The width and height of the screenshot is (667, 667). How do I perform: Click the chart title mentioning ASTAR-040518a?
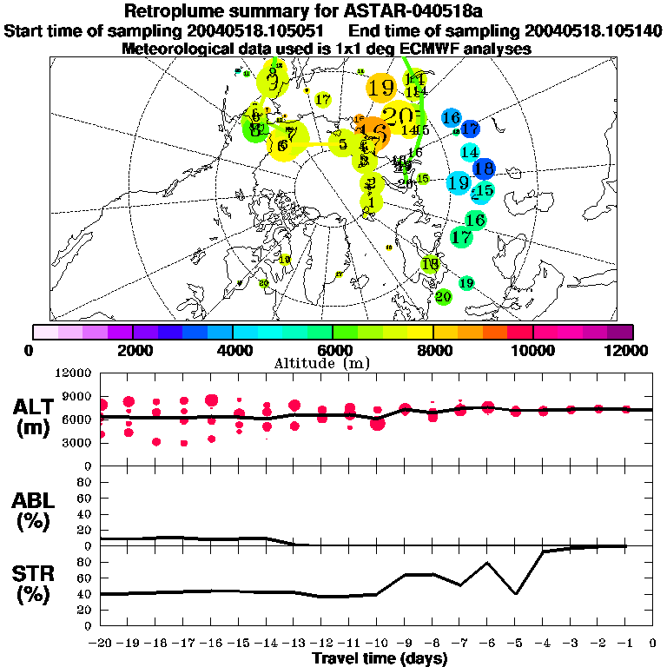click(x=333, y=11)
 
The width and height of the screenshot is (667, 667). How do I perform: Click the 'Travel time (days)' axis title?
click(x=380, y=659)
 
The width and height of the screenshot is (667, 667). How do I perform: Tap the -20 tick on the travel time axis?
click(x=102, y=644)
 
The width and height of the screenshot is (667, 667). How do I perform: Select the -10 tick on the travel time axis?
click(x=376, y=644)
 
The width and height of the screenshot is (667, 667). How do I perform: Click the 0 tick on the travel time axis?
click(x=653, y=644)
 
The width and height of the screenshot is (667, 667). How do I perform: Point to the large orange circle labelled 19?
click(x=380, y=88)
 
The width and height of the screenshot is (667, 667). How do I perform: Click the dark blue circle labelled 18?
click(x=484, y=168)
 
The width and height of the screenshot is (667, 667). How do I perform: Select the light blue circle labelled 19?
click(x=459, y=183)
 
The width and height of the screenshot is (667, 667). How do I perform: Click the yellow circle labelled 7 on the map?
click(x=292, y=135)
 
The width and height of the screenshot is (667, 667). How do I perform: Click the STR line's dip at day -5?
click(x=515, y=594)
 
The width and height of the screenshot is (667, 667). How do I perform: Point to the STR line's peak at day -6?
click(x=487, y=563)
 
